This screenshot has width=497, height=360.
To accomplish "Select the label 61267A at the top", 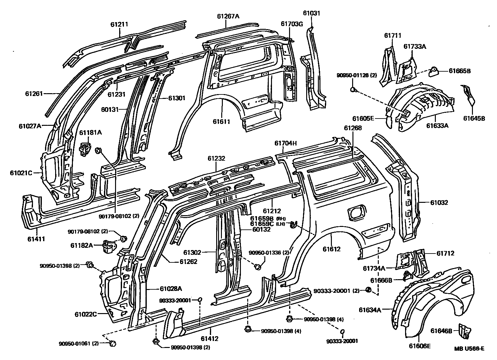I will [x=228, y=16].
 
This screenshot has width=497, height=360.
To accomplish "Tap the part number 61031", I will [x=312, y=13].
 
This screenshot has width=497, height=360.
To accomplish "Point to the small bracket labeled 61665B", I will [x=433, y=72].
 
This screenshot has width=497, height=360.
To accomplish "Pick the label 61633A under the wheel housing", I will [x=437, y=125].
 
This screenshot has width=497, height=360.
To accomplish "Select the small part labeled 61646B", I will [x=464, y=331].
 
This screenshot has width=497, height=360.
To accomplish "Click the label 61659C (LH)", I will [x=263, y=224].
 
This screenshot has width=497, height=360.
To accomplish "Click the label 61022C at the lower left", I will [x=86, y=314].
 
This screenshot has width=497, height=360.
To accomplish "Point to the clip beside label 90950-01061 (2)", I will [x=113, y=343].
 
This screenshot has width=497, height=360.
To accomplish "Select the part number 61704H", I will [x=286, y=143].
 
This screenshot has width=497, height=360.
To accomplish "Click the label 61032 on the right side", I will [x=439, y=202].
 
